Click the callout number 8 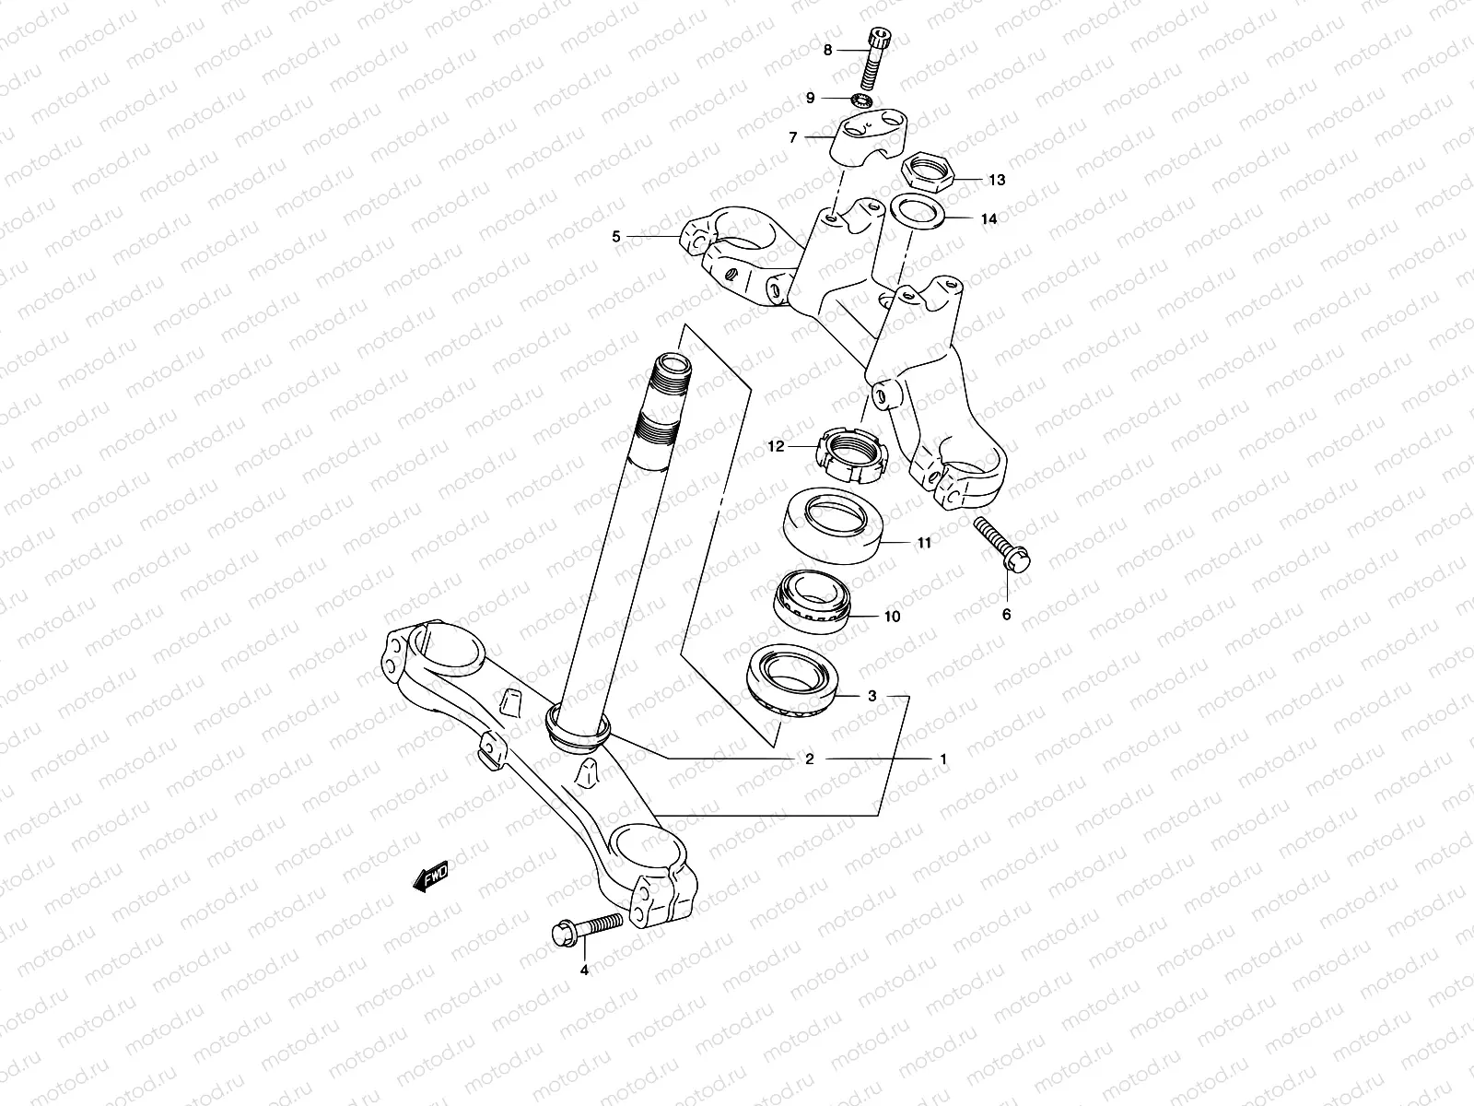pyautogui.click(x=827, y=50)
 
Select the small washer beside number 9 pyautogui.click(x=862, y=100)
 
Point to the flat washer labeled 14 pyautogui.click(x=918, y=213)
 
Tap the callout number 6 pyautogui.click(x=1006, y=614)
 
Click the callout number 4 pyautogui.click(x=583, y=970)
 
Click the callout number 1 pyautogui.click(x=943, y=759)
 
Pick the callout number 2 pyautogui.click(x=810, y=759)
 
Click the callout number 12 pyautogui.click(x=776, y=447)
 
